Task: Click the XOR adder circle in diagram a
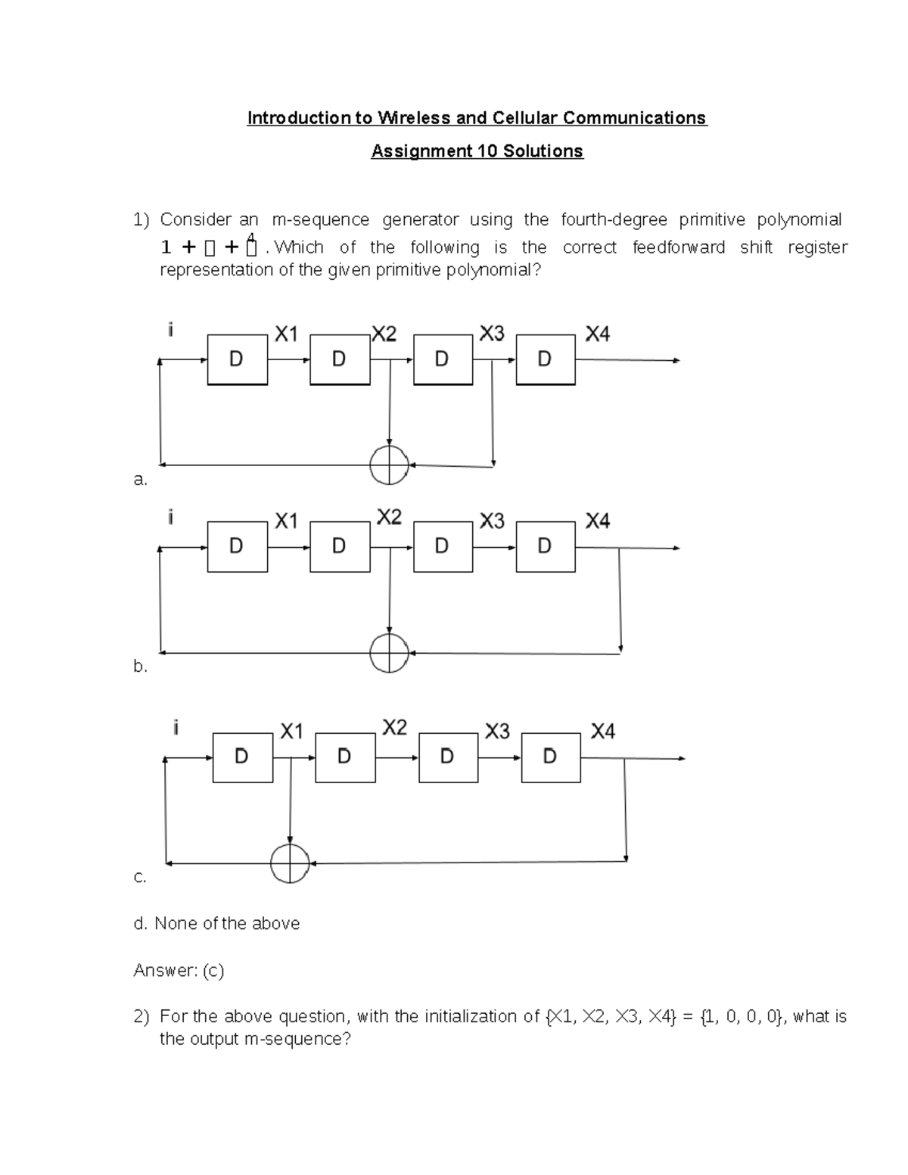(x=389, y=465)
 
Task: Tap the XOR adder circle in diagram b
(x=389, y=652)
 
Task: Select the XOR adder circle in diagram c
(x=290, y=863)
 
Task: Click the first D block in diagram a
(x=237, y=359)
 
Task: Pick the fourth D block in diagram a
(x=546, y=359)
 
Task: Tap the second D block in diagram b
(x=340, y=546)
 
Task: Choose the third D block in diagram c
(x=448, y=757)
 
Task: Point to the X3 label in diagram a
(x=492, y=334)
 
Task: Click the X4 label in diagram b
(x=598, y=521)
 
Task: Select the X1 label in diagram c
(x=291, y=731)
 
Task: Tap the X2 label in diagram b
(x=389, y=517)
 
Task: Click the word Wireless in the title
(x=413, y=118)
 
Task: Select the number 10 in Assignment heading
(x=487, y=151)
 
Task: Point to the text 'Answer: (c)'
(x=179, y=970)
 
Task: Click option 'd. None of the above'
(x=216, y=923)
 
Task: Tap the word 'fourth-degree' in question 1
(x=614, y=219)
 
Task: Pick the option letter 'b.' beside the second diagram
(x=140, y=666)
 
